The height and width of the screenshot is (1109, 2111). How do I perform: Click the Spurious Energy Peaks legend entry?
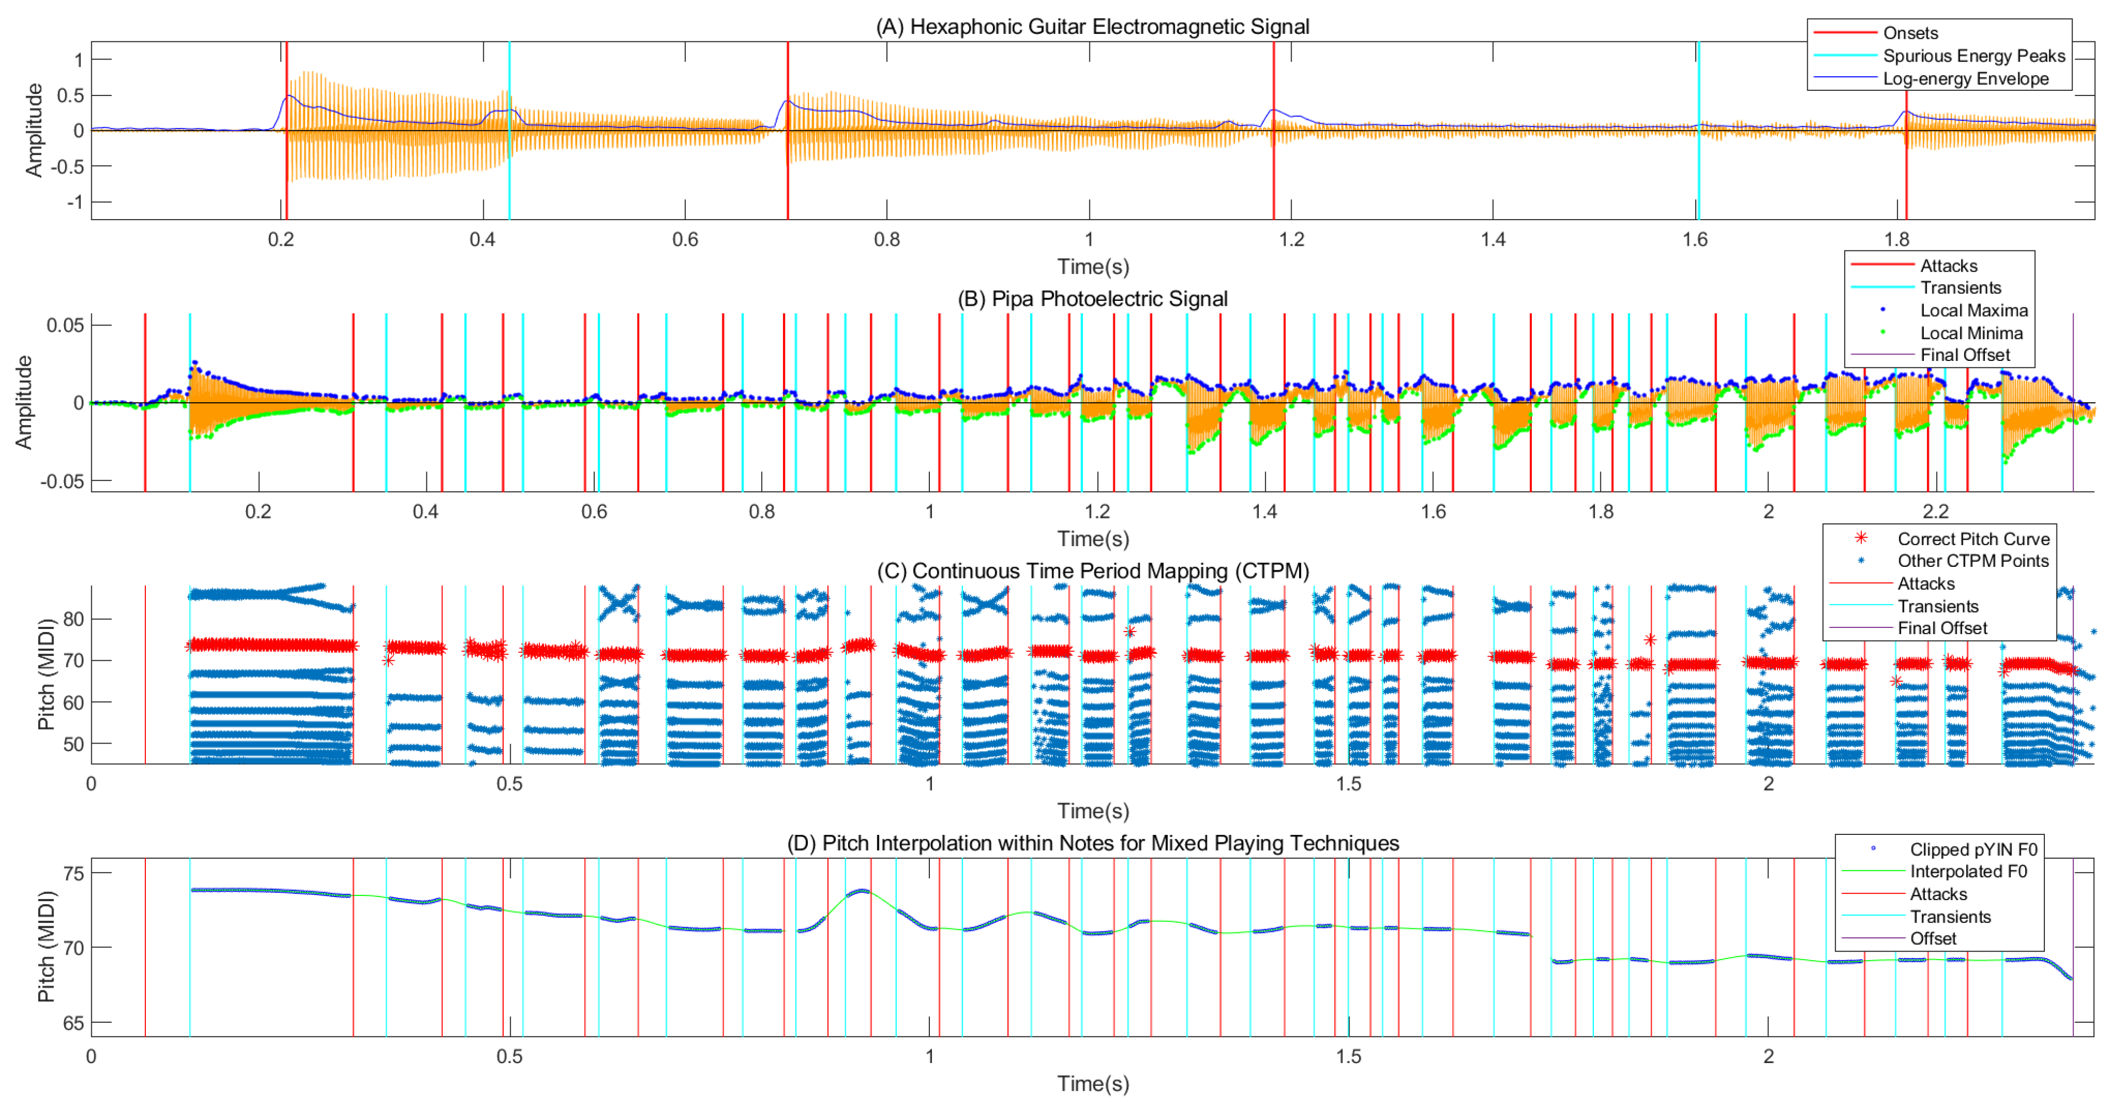(1973, 56)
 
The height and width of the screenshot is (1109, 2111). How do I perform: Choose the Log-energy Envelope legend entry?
(1965, 79)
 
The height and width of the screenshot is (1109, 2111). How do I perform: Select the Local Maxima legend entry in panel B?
(1973, 310)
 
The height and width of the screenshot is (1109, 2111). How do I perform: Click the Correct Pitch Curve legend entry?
(1973, 539)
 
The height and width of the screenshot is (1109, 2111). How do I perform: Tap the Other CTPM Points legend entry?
(1973, 561)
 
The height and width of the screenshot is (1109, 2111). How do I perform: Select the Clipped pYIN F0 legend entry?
(1973, 849)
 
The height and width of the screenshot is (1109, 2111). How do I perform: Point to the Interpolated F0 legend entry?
(1968, 871)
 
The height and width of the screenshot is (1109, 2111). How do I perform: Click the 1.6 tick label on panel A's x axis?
(1695, 239)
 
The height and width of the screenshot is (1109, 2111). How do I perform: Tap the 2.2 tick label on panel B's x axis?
(1935, 511)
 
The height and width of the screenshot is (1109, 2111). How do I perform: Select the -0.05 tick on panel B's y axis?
(62, 481)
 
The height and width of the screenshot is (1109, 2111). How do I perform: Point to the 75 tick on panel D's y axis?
(74, 874)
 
